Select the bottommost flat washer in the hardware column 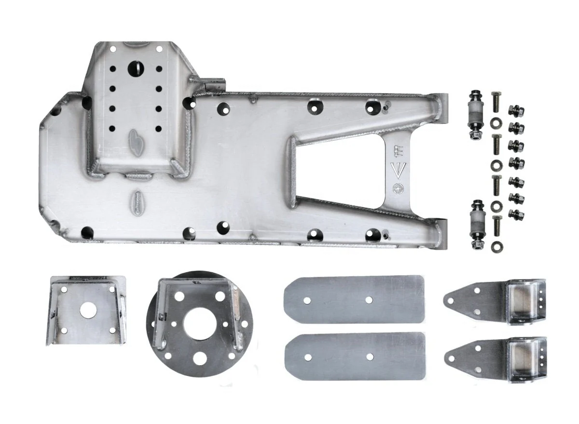496,247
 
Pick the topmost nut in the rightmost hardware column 516,111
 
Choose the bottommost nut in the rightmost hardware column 516,212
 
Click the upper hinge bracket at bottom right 497,302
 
